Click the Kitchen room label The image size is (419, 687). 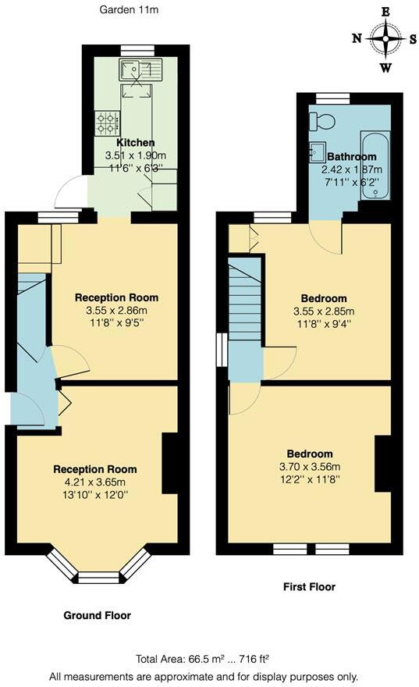click(x=136, y=143)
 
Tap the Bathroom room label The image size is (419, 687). click(x=352, y=156)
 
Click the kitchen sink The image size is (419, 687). click(x=140, y=71)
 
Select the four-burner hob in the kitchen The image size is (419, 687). click(x=106, y=123)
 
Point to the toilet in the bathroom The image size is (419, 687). click(x=321, y=121)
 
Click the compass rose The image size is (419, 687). click(x=385, y=37)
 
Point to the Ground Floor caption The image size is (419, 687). click(x=97, y=614)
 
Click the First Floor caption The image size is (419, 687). click(x=310, y=586)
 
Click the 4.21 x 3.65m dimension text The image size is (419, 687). click(x=94, y=482)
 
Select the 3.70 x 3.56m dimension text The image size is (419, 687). click(x=309, y=467)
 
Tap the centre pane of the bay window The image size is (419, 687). click(x=98, y=578)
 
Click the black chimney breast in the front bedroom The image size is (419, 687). click(x=382, y=464)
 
